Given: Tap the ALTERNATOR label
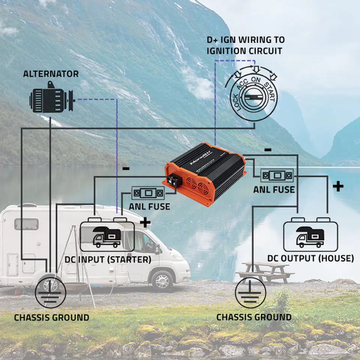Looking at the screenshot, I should coord(51,73).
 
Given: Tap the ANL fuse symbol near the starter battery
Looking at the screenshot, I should coord(148,193).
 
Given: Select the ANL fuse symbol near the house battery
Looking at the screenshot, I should coord(277,175).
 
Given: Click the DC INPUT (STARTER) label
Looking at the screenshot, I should coord(108,259).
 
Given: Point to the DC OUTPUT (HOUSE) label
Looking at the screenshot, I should coord(310,258).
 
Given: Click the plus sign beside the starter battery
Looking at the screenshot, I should coord(145,222).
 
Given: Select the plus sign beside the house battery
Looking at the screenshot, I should coord(338,187).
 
